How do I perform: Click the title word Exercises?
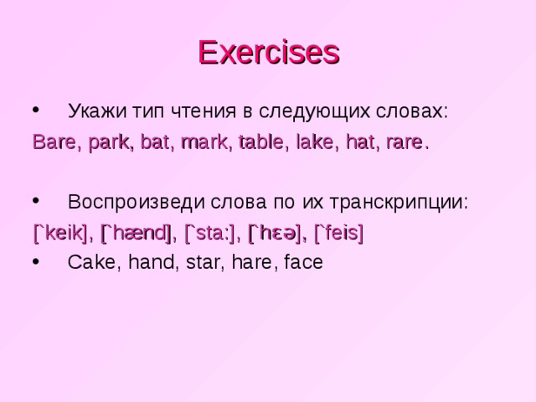click(x=268, y=52)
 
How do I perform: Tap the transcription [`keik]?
click(x=59, y=232)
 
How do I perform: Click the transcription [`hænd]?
click(x=137, y=232)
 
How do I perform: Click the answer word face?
click(x=304, y=262)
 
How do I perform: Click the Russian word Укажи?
click(x=95, y=111)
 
